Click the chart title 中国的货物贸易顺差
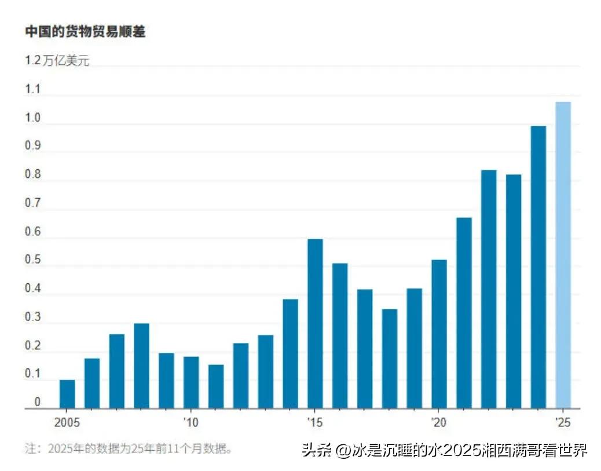click(85, 32)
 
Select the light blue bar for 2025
click(563, 255)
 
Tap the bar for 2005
click(67, 394)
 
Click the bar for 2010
click(191, 382)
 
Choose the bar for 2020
click(439, 334)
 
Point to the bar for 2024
click(538, 267)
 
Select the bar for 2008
click(141, 366)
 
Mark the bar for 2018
click(390, 359)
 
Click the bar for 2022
click(489, 289)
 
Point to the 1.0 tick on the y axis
click(33, 118)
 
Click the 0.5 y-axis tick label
click(33, 260)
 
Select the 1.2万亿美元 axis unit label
click(57, 61)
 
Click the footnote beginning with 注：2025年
click(128, 449)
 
